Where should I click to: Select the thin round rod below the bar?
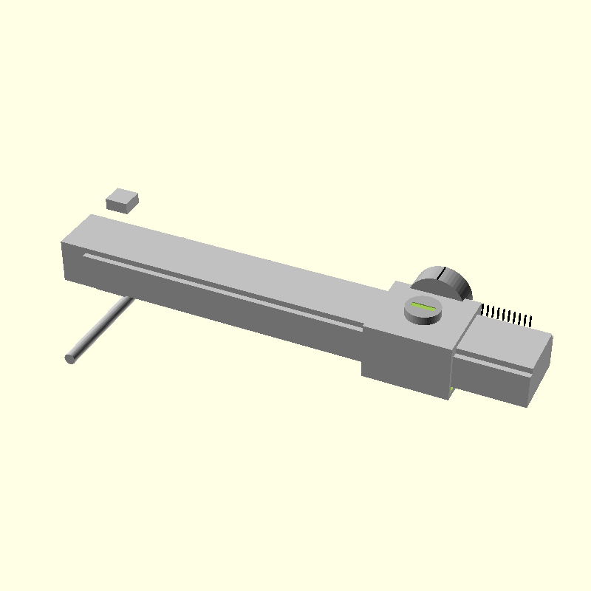100,329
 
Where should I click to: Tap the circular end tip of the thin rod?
71,358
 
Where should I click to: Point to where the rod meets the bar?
130,299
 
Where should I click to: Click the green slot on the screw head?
424,305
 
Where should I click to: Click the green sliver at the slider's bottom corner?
452,389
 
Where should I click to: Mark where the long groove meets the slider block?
361,326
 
